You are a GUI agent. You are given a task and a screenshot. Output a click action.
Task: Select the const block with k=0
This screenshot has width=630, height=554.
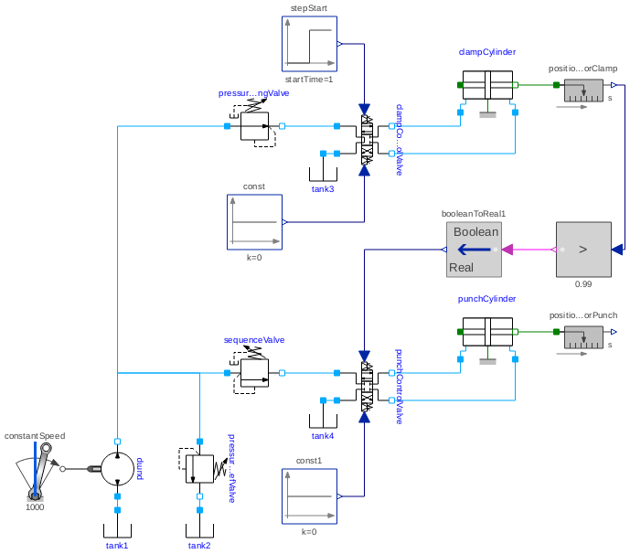(254, 221)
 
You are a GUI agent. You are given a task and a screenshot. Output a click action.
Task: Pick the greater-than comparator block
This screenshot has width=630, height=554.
(583, 249)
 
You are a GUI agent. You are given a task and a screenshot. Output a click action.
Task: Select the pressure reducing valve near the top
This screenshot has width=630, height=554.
(255, 126)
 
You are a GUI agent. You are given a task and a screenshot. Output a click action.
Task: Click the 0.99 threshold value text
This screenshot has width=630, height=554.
(583, 283)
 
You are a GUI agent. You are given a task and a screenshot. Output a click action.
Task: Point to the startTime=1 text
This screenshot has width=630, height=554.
(309, 80)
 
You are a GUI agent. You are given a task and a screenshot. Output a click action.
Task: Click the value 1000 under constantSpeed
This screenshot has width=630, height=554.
(35, 506)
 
